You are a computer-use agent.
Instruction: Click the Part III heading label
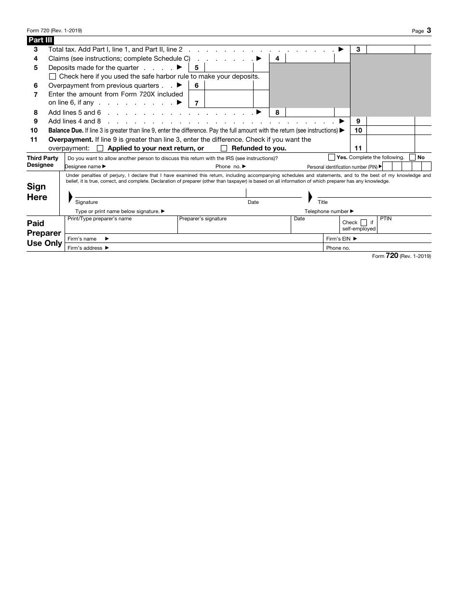(40, 40)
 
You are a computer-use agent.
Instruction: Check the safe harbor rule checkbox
(53, 77)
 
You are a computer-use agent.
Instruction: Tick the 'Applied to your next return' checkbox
(100, 148)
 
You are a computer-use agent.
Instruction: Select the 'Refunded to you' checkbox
(224, 148)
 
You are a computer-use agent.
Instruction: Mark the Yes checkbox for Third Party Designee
(332, 157)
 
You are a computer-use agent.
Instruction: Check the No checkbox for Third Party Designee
(412, 157)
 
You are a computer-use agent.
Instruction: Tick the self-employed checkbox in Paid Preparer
(364, 223)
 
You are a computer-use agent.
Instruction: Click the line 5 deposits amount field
(229, 68)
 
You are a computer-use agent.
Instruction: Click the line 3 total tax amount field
(391, 49)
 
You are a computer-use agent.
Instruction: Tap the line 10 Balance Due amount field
(391, 130)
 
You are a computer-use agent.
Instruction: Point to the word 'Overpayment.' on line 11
(70, 139)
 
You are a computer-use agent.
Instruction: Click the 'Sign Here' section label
(37, 192)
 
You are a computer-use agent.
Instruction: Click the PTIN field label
(386, 219)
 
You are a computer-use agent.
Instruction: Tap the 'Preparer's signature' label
(202, 219)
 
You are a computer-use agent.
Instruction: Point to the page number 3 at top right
(429, 30)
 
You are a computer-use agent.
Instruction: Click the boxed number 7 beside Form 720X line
(196, 103)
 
